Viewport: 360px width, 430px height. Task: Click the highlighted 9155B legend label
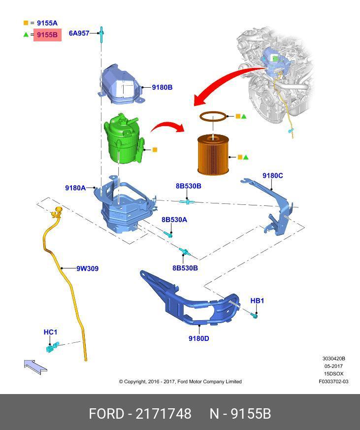47,35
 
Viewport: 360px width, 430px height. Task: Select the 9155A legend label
47,23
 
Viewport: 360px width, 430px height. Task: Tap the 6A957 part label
79,33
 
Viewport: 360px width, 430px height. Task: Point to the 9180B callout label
162,87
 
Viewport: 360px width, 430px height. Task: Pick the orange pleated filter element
213,155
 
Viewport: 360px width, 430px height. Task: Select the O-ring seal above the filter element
214,117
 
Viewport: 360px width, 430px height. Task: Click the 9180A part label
75,188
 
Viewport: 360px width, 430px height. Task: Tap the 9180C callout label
272,175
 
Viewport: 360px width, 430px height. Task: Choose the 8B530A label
174,220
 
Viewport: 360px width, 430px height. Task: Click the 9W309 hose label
87,268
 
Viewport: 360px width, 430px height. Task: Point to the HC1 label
50,332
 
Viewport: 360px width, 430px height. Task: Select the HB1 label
257,300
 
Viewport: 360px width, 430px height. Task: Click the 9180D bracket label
198,338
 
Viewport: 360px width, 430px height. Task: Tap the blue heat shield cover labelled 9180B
121,85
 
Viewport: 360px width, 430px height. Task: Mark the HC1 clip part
51,348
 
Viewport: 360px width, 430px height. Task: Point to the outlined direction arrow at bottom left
35,365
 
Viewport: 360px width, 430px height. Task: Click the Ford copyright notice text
180,381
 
